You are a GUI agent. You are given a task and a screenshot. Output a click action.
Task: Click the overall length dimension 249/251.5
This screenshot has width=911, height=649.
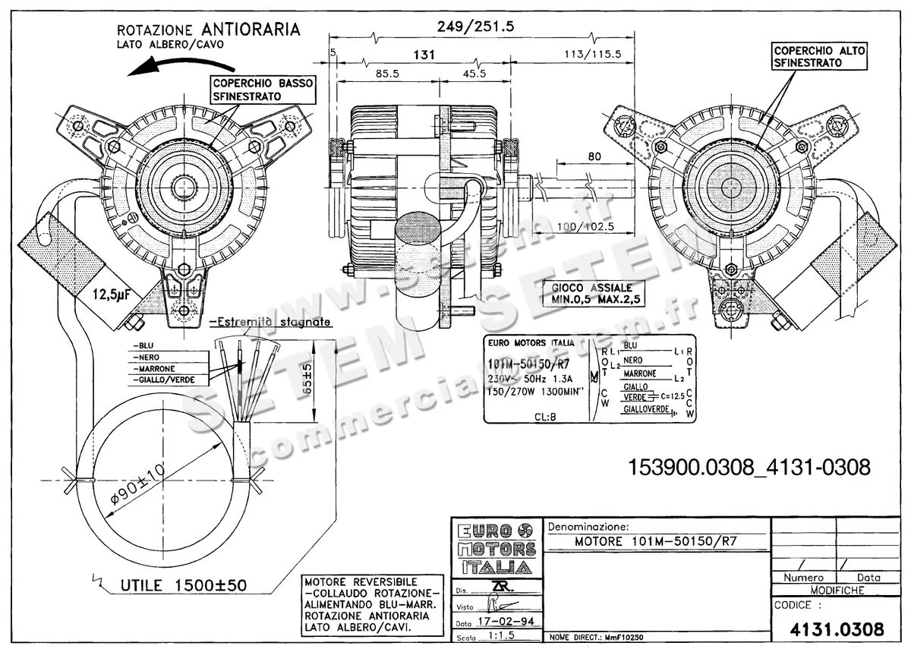(x=476, y=27)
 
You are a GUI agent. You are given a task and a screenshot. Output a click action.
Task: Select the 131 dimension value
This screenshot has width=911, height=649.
(x=424, y=55)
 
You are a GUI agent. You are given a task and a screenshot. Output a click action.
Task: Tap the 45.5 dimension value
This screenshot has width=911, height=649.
(x=474, y=74)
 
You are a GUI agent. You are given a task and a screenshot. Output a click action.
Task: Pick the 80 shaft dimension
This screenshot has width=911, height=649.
(x=594, y=157)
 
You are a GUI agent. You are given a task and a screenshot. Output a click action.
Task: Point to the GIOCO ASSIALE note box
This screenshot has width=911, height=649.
(x=591, y=294)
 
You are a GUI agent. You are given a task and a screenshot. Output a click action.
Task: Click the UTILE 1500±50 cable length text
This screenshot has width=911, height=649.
(x=182, y=585)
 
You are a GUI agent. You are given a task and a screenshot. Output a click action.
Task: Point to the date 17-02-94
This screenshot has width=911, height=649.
(x=503, y=621)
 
